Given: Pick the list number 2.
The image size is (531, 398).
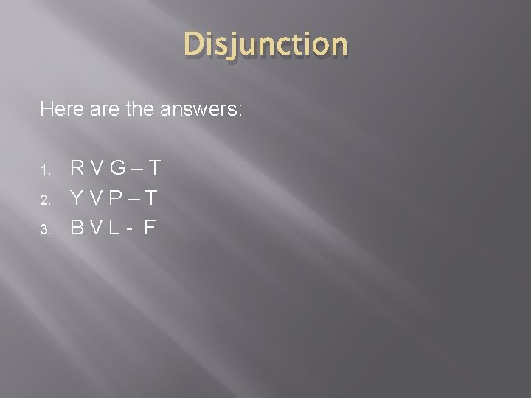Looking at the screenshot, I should [44, 200].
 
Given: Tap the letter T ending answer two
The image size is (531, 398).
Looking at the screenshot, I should [152, 198].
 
